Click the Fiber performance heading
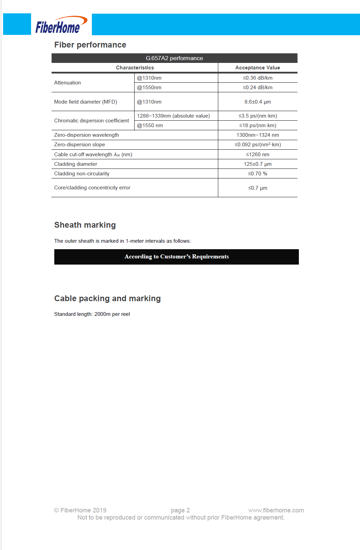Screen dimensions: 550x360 90,45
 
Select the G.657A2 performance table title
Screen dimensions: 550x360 174,58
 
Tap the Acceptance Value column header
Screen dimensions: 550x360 258,68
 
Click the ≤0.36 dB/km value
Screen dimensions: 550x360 258,78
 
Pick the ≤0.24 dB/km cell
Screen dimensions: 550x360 258,88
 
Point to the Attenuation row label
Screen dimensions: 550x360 68,83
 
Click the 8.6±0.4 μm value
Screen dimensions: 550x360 258,102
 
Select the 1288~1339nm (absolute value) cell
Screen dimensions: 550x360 174,116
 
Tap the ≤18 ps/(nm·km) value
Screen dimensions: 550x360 258,125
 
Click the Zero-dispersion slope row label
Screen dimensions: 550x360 80,145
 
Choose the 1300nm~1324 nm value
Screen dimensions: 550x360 258,135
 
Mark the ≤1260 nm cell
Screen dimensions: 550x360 258,155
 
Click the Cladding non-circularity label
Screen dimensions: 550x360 82,174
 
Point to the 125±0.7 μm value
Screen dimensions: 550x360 258,164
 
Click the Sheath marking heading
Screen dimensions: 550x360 85,225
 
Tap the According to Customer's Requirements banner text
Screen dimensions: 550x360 177,257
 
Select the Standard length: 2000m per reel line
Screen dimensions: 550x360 92,314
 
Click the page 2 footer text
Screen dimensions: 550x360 180,510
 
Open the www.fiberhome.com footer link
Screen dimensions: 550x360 276,510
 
